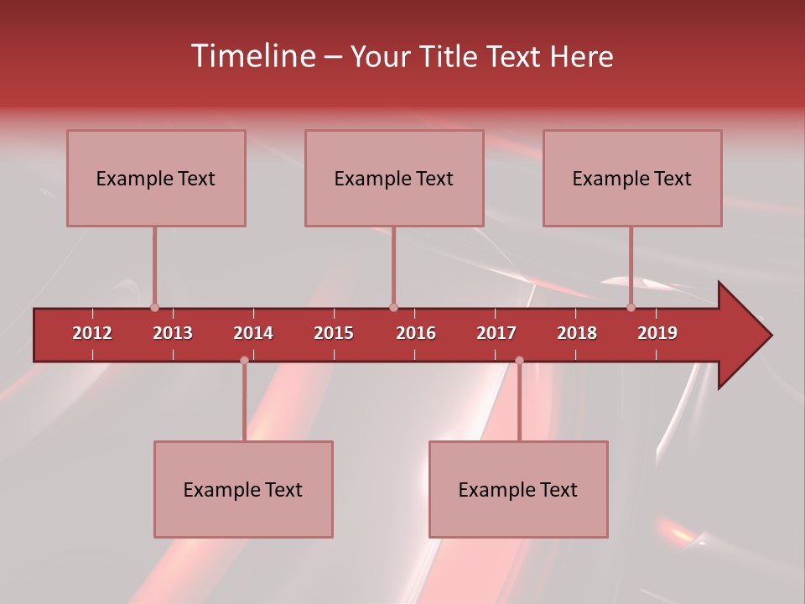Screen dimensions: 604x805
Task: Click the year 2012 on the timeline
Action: click(92, 333)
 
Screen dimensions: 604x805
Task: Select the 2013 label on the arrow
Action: click(173, 333)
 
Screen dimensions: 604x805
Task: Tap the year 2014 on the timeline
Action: click(253, 333)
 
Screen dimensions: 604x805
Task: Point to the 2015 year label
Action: click(334, 333)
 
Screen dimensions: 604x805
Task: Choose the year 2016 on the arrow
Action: click(416, 333)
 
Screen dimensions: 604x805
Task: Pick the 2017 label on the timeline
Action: click(496, 333)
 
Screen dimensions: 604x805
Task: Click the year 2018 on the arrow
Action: click(577, 333)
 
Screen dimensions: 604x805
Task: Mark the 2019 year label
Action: click(657, 333)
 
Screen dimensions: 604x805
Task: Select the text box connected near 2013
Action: click(156, 178)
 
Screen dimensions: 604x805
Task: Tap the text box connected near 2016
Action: click(394, 178)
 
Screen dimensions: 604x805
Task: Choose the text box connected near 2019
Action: click(632, 178)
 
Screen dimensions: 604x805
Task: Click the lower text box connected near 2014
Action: click(243, 489)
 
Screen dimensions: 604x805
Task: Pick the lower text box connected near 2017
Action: click(518, 489)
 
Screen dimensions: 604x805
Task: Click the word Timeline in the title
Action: click(252, 56)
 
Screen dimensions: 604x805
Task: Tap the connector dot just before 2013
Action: click(154, 307)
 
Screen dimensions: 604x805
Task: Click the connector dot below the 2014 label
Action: click(244, 361)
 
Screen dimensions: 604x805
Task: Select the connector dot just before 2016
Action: click(393, 307)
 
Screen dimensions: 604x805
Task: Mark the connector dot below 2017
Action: click(519, 361)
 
